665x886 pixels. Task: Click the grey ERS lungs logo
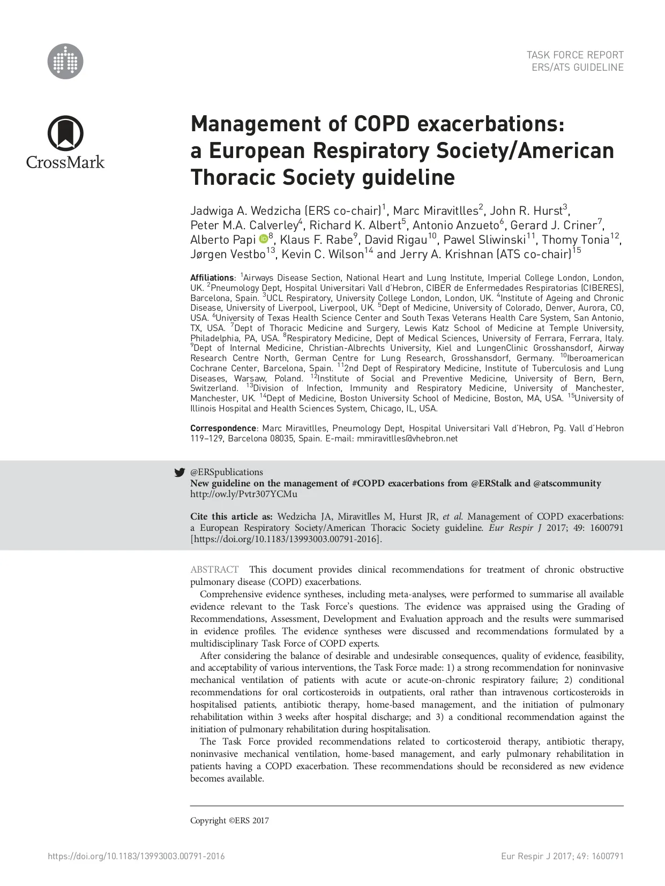tap(65, 61)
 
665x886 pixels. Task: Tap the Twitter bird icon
tap(180, 472)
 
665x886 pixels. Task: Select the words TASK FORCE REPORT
tap(575, 55)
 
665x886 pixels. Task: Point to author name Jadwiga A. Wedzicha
tap(245, 211)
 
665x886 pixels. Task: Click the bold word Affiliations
tap(212, 277)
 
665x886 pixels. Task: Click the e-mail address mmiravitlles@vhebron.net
tap(407, 438)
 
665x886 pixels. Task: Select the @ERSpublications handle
tap(227, 472)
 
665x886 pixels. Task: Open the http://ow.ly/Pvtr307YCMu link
tap(244, 494)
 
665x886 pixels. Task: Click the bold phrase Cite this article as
tap(231, 516)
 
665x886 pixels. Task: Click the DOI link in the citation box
tap(285, 539)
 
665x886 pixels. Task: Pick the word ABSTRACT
tap(214, 569)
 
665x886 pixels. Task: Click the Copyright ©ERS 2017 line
tap(229, 820)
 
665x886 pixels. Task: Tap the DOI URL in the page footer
tap(136, 856)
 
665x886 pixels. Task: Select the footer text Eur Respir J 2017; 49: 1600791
tap(562, 856)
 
